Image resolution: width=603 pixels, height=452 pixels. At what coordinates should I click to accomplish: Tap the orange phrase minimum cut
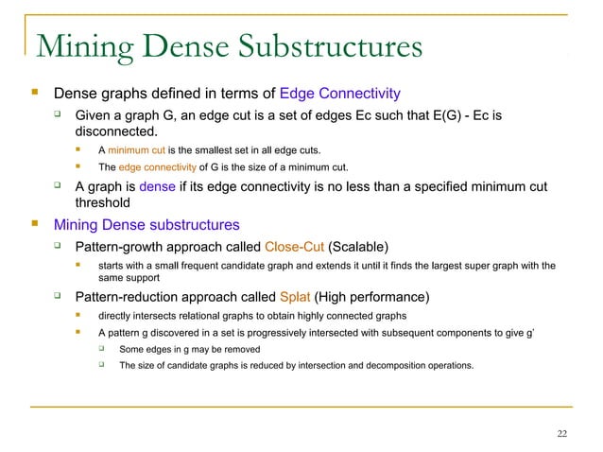(x=137, y=150)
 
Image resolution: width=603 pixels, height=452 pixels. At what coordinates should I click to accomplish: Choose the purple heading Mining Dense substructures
(x=146, y=225)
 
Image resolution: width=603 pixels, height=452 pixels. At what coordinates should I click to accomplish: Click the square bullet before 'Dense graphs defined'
(x=36, y=94)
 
